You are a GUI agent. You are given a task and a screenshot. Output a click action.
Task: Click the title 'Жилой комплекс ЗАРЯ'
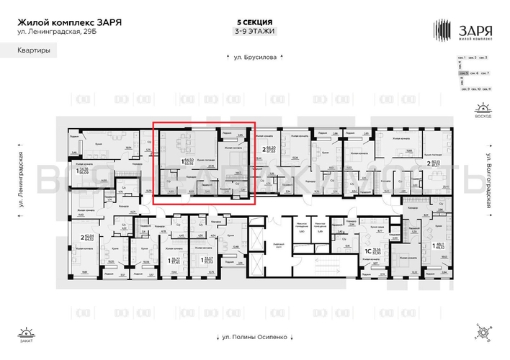[x=69, y=22]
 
